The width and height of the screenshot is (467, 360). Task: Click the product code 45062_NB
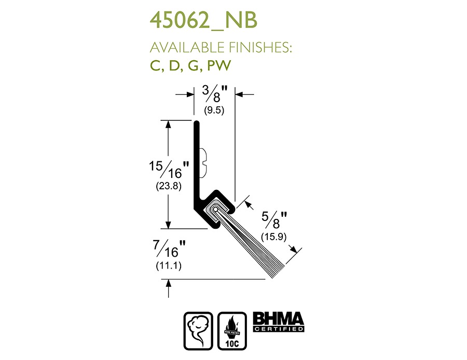pyautogui.click(x=203, y=21)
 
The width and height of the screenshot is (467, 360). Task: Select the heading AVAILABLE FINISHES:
pyautogui.click(x=221, y=48)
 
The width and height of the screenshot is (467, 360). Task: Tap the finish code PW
pyautogui.click(x=219, y=65)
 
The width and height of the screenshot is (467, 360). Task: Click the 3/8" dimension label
pyautogui.click(x=215, y=93)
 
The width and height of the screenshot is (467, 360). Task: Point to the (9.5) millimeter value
pyautogui.click(x=214, y=110)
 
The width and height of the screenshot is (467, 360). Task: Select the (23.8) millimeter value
pyautogui.click(x=169, y=186)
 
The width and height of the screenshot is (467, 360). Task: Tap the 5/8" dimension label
pyautogui.click(x=274, y=220)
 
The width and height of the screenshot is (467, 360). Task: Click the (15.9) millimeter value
pyautogui.click(x=273, y=237)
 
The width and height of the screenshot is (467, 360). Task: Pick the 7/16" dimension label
pyautogui.click(x=170, y=248)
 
